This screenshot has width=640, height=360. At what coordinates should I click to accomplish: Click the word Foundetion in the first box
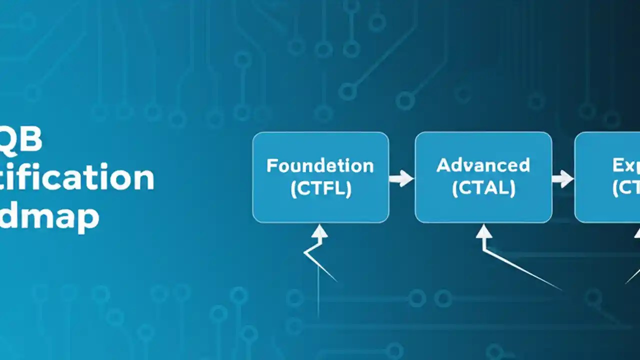pos(320,165)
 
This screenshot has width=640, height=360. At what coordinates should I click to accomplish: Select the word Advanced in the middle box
pos(483,165)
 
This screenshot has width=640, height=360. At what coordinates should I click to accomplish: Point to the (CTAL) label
pos(483,188)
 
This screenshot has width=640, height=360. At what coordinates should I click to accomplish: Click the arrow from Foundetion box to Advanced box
pos(401,178)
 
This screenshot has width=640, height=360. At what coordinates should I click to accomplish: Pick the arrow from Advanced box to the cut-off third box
pos(563,178)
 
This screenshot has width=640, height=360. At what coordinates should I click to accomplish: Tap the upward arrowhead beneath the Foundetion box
pos(319,231)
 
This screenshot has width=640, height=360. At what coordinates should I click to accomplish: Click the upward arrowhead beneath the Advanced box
pos(483,231)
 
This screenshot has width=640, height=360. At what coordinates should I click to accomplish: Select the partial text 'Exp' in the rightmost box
pos(626,165)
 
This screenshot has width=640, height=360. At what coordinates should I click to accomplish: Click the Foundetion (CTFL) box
pos(320,150)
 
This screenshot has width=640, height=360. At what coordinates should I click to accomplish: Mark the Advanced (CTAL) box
pos(483,150)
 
